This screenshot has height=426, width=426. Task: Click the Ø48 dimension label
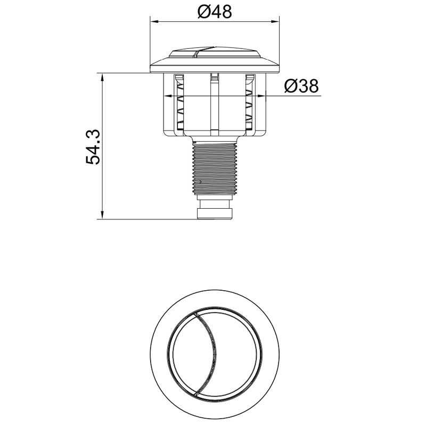coord(215,11)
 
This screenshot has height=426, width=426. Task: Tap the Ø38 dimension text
coord(301,86)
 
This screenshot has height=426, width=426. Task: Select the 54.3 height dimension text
coord(93,147)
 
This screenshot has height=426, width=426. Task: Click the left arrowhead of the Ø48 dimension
coord(154,22)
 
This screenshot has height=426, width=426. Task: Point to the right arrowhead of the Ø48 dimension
coord(275,22)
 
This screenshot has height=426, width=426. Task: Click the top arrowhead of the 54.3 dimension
coord(102,77)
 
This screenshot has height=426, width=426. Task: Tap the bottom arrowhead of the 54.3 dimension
coord(102,215)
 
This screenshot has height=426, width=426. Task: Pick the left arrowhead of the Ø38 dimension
coord(168,96)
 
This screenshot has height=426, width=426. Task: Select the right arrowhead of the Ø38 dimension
coord(261,96)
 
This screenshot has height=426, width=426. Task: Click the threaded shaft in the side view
coord(215,168)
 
